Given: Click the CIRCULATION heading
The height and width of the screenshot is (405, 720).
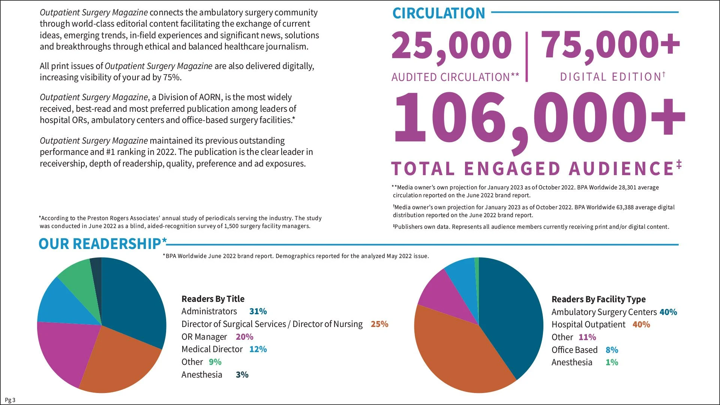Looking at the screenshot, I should [x=438, y=13].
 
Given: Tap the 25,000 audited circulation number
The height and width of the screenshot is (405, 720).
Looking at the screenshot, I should [x=451, y=46].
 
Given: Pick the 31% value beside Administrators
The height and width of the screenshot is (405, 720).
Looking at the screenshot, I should [x=258, y=311].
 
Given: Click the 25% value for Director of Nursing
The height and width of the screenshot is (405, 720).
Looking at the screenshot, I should [x=379, y=324].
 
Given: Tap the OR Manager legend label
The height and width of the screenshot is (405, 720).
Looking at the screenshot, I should [x=204, y=337].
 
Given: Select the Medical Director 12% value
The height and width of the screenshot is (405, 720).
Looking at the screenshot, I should [x=258, y=349].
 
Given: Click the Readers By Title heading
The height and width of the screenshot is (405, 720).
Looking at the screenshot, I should [x=213, y=299].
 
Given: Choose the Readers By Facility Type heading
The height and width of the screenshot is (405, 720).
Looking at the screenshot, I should [x=598, y=299].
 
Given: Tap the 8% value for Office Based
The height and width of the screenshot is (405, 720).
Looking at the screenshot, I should [x=612, y=350].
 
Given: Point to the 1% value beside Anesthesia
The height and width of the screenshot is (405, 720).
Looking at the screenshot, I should [x=612, y=362].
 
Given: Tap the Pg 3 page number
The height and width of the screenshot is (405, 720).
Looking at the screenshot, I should [x=10, y=400].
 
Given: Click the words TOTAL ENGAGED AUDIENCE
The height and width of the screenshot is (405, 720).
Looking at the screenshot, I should [x=532, y=169].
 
